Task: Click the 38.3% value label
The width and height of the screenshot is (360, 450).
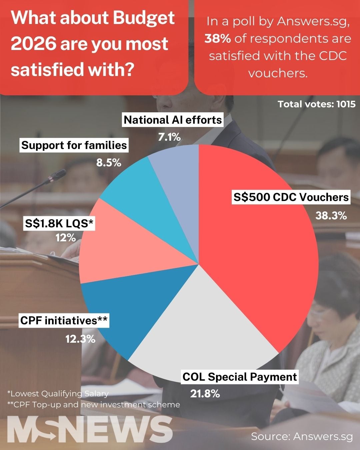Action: point(331,216)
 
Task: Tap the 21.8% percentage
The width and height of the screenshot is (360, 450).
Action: point(205,394)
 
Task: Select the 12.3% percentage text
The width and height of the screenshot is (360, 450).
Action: point(80,339)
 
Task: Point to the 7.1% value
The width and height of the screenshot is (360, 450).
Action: point(169,137)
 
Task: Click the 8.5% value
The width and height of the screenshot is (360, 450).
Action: point(109,163)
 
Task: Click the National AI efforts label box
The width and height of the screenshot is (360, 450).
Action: point(173,120)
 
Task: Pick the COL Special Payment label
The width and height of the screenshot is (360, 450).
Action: point(240,377)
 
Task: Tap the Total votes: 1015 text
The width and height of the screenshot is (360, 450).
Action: point(317,104)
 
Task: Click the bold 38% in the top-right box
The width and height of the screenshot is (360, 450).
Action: point(218,38)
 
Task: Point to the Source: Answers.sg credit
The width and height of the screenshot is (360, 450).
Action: point(302,436)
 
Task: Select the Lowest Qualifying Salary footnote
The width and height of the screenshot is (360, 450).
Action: point(58,394)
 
